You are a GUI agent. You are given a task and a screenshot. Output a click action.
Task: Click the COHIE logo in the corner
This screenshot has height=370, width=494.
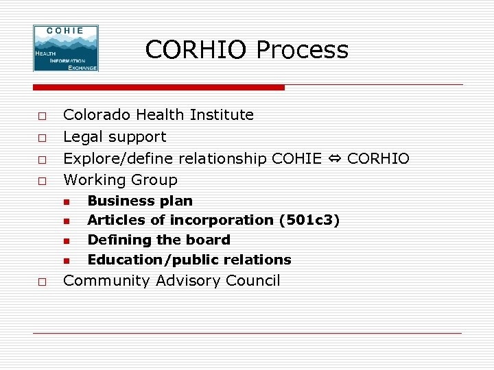(x=66, y=48)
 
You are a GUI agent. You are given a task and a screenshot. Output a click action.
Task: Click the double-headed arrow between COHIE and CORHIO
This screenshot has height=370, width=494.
(x=334, y=159)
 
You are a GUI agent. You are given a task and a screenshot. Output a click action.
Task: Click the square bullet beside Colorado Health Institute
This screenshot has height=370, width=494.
(x=42, y=115)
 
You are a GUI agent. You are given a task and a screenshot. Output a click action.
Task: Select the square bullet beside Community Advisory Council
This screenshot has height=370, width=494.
(x=42, y=282)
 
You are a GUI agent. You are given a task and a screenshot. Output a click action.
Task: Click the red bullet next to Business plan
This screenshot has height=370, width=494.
(x=67, y=201)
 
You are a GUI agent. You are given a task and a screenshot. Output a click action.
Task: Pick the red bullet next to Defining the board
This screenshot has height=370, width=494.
(x=67, y=241)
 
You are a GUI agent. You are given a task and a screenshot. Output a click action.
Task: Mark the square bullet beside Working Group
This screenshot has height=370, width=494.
(x=42, y=181)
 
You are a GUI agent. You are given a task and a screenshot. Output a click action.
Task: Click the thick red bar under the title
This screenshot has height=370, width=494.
(x=158, y=88)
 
